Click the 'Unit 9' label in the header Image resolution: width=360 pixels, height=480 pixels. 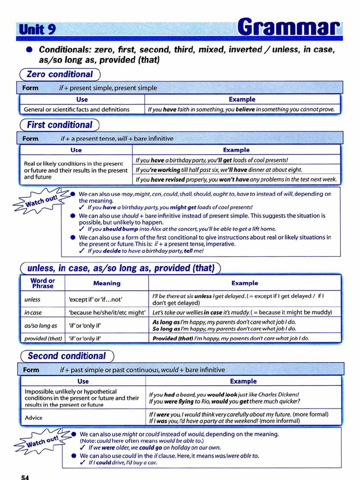[37, 30]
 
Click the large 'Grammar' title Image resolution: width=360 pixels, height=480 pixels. [287, 28]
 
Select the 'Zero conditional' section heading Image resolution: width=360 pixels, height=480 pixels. [60, 75]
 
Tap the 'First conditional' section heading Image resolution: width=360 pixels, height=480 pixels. [60, 125]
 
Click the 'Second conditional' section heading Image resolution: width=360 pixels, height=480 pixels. [67, 356]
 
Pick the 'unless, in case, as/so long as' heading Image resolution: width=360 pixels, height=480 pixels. [120, 268]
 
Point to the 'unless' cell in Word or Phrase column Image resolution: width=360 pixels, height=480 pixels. [32, 300]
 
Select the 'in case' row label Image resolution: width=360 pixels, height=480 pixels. [33, 312]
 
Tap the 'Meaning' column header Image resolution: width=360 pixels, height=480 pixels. [106, 283]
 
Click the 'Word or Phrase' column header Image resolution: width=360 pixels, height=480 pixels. [43, 283]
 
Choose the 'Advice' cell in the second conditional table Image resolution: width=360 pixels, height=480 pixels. [34, 417]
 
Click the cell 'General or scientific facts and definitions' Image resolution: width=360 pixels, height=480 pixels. [77, 109]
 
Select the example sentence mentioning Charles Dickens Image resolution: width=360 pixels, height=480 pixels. [224, 394]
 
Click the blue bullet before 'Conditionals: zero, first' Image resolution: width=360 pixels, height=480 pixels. [29, 49]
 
